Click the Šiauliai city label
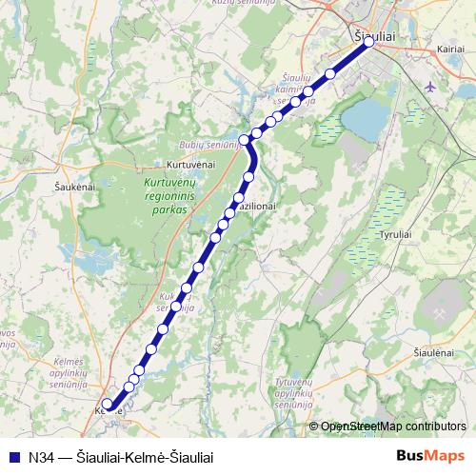pyautogui.click(x=375, y=35)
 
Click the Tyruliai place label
pyautogui.click(x=395, y=234)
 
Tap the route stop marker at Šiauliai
pyautogui.click(x=368, y=42)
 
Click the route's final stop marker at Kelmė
pyautogui.click(x=108, y=405)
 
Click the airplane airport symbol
pyautogui.click(x=429, y=87)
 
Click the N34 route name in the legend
pyautogui.click(x=119, y=457)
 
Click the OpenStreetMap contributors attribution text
pyautogui.click(x=393, y=426)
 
